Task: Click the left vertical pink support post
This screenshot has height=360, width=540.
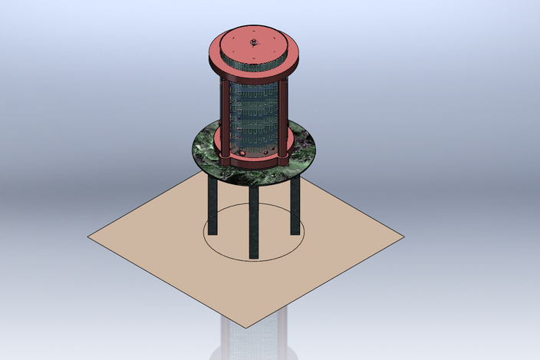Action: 224,119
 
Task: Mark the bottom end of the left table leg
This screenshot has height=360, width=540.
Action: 212,232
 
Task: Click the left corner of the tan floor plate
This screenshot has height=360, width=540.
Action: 91,236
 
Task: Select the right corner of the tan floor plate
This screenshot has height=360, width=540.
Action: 401,236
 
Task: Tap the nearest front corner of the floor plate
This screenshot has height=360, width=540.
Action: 246,326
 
